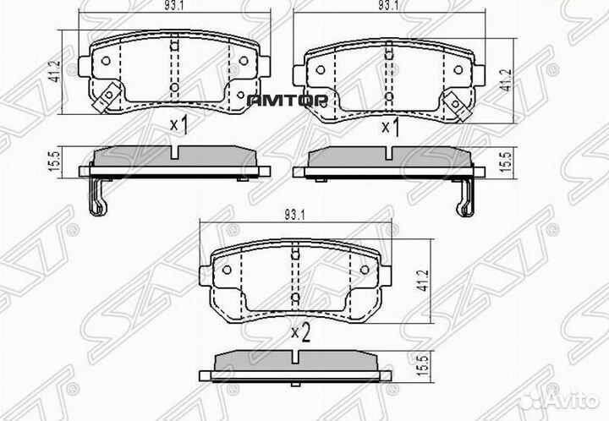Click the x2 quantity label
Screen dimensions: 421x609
(x=300, y=331)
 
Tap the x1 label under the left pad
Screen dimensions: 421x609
(x=178, y=127)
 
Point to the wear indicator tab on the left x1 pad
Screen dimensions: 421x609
(x=105, y=99)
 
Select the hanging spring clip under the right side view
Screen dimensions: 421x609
(x=464, y=199)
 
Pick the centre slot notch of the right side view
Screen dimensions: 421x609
(x=391, y=154)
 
